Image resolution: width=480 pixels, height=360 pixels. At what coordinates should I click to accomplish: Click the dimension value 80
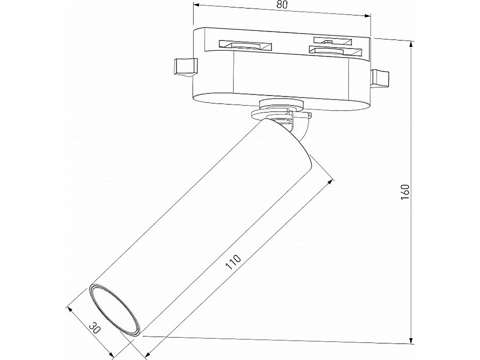[x=283, y=5]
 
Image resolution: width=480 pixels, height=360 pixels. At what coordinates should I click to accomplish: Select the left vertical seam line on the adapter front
[x=234, y=72]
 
